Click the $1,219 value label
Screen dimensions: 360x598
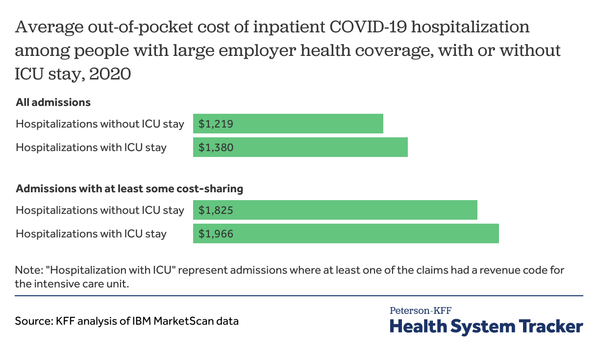pos(216,124)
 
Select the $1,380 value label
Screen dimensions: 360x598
pos(216,147)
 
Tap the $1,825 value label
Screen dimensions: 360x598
pos(216,210)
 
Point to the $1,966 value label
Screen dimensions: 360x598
pos(216,234)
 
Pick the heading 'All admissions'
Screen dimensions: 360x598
pos(53,103)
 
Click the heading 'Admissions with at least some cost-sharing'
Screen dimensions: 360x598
pos(129,188)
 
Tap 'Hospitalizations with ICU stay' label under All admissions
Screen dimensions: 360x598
pos(91,147)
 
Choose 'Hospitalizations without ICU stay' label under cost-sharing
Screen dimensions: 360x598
pos(100,210)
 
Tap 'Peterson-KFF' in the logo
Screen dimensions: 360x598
pos(421,310)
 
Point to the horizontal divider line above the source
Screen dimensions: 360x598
pos(299,296)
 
